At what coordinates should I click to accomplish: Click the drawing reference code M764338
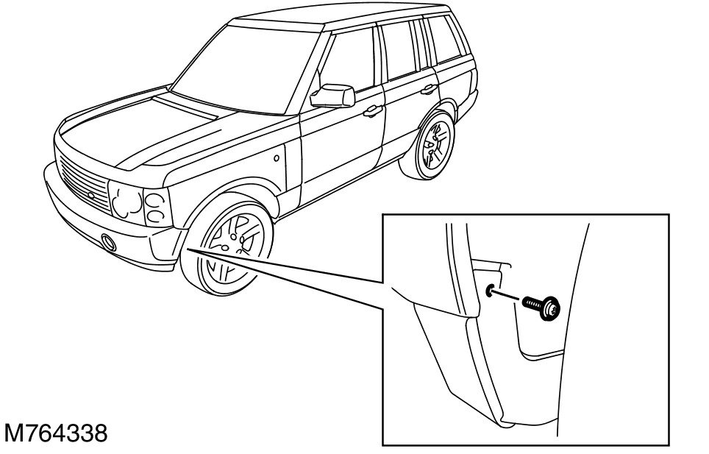56,433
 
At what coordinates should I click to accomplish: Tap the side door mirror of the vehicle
335,95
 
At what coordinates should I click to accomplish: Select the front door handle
373,112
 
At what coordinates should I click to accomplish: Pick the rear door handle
427,91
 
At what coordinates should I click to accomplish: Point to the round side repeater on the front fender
276,158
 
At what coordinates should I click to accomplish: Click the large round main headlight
124,199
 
